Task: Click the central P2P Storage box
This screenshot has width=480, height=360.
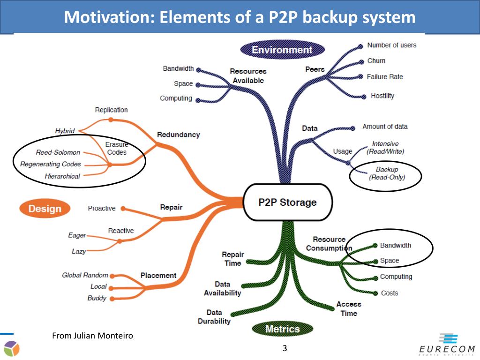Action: click(x=287, y=202)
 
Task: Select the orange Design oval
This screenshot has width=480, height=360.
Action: click(x=45, y=209)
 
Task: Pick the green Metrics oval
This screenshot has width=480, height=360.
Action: click(x=282, y=329)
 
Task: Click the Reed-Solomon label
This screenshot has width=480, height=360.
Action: click(x=58, y=152)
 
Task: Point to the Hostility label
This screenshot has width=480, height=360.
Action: click(x=382, y=96)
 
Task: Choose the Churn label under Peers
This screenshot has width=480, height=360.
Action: click(x=376, y=60)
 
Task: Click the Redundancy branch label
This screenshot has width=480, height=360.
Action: click(x=178, y=135)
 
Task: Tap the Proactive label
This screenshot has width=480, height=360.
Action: click(x=102, y=208)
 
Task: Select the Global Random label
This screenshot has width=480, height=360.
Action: click(x=85, y=275)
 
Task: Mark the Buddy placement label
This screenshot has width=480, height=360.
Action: click(x=97, y=298)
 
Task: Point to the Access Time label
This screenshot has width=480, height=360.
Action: click(x=349, y=309)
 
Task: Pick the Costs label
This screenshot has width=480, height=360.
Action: click(x=389, y=293)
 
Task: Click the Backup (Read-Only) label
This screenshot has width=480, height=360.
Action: click(x=387, y=173)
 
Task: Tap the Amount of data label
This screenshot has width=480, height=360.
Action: click(x=385, y=127)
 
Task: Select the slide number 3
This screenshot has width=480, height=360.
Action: click(x=285, y=348)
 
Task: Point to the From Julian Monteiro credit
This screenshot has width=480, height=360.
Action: click(x=92, y=336)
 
